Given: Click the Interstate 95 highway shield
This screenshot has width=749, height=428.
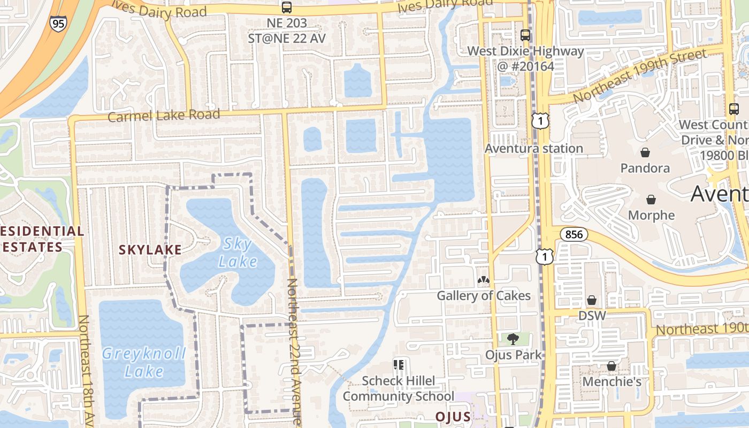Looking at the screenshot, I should [57, 24].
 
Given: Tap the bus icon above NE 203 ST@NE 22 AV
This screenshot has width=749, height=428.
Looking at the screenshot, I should [287, 7].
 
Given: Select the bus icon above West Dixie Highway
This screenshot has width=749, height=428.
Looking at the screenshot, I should [525, 35].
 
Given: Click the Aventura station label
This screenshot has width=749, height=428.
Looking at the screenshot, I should [533, 148].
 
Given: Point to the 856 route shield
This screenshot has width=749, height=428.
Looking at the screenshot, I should [575, 234].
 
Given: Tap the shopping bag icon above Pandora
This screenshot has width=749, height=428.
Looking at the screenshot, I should [645, 152].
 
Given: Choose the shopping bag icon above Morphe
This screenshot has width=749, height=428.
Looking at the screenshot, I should [651, 200].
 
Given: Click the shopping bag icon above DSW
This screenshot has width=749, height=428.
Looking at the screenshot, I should [592, 300].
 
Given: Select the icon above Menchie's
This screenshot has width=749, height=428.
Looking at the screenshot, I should [612, 366].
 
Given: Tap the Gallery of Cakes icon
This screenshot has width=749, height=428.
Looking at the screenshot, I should [483, 280].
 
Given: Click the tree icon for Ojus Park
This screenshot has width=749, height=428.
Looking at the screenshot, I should [513, 339].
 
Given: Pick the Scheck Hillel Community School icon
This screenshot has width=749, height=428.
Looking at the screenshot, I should [398, 365].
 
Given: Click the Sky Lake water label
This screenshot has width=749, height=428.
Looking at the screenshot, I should [238, 253].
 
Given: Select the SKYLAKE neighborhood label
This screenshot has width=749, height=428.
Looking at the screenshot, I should [150, 249].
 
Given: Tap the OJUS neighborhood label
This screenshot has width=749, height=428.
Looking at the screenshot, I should [453, 417].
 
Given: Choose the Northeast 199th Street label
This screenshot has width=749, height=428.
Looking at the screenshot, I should [639, 75].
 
